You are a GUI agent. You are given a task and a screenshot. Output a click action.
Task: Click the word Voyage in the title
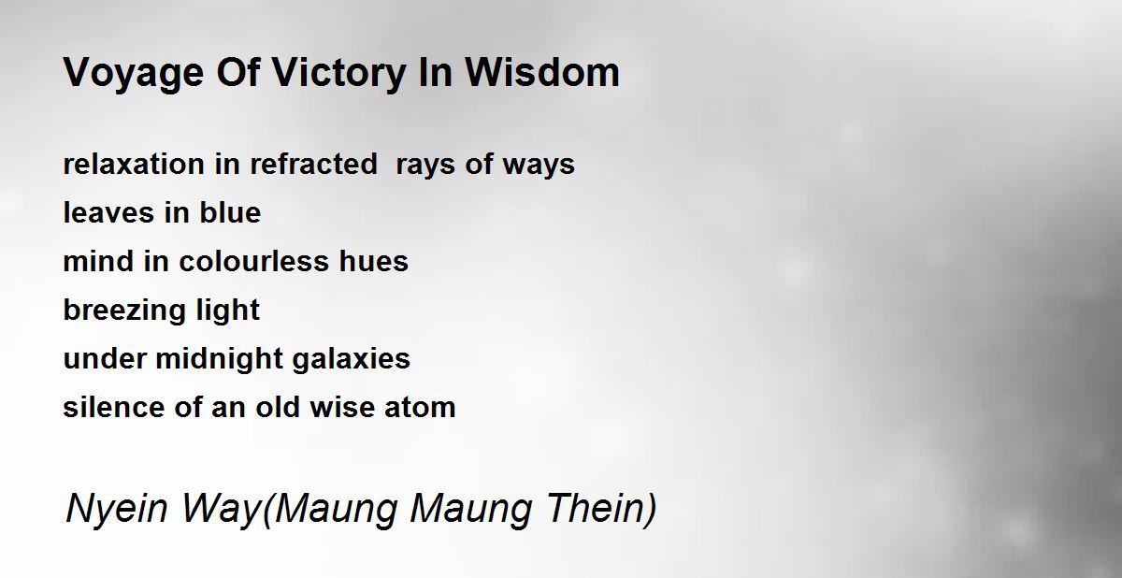pos(133,74)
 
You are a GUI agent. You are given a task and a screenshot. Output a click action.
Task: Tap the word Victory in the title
pos(338,74)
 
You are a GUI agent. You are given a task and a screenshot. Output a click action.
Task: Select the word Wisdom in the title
pos(542,73)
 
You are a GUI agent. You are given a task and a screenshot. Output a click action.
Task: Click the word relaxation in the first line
pos(134,165)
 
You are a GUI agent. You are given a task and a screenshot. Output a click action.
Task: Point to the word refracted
pos(313,165)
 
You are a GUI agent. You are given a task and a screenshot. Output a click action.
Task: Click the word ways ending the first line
pos(539,166)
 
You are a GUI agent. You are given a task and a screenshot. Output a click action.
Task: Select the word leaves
pos(108,213)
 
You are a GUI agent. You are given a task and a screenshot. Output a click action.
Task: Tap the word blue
pos(230,213)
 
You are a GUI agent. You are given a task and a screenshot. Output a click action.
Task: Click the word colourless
pos(253,262)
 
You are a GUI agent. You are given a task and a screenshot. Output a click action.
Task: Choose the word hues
pos(374,262)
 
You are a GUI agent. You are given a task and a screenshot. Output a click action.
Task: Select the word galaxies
pos(352,360)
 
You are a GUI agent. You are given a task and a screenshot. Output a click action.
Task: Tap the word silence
pos(113,407)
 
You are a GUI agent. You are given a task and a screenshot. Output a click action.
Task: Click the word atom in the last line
pos(420,408)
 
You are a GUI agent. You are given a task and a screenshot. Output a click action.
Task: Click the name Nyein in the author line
pos(116,510)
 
